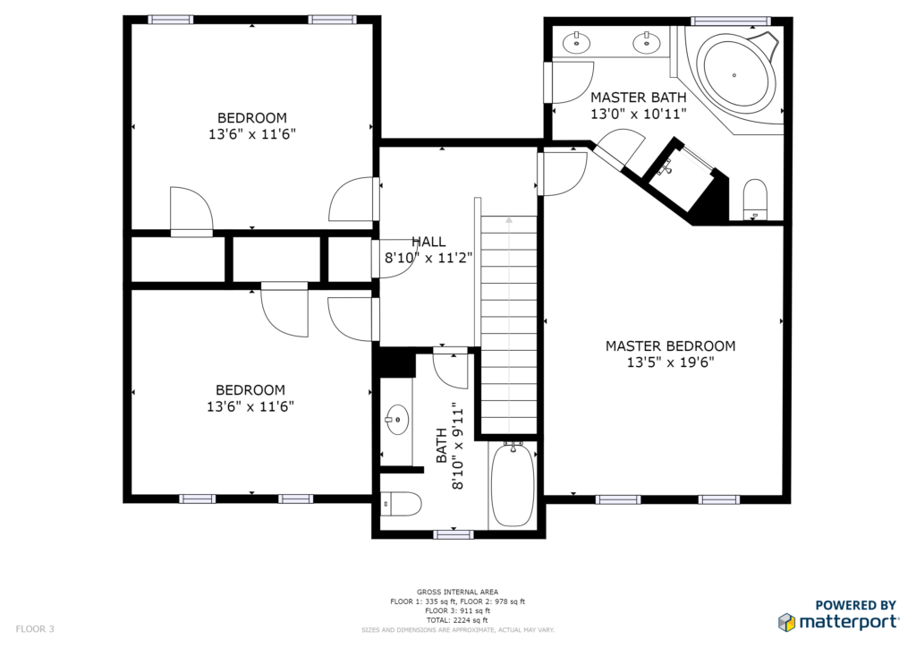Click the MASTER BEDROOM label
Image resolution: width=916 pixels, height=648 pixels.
point(670,345)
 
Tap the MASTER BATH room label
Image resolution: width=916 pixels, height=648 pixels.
point(638,97)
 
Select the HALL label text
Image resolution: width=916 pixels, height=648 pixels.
point(428,242)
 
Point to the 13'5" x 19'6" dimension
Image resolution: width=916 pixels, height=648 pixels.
point(670,362)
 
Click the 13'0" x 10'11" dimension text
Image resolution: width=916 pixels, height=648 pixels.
point(638,114)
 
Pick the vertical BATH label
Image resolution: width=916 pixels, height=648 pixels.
point(442,446)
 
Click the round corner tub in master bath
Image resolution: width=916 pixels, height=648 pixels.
point(739,74)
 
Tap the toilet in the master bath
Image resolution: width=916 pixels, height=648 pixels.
point(755,200)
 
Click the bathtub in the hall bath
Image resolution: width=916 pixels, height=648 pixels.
point(513,485)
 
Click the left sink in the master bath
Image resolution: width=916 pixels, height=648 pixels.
point(577,42)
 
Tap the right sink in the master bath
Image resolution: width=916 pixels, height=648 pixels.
point(647,42)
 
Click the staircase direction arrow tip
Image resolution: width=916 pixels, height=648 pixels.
point(509,218)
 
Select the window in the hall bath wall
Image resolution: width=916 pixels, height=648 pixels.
point(454,534)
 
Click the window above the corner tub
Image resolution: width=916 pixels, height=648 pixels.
point(730,21)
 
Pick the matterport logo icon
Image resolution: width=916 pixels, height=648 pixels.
point(786,622)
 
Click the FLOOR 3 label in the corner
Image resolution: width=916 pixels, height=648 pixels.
point(35,628)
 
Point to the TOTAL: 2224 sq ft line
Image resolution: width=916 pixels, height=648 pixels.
point(457,620)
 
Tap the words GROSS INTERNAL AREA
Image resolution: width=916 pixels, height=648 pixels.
point(457,592)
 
